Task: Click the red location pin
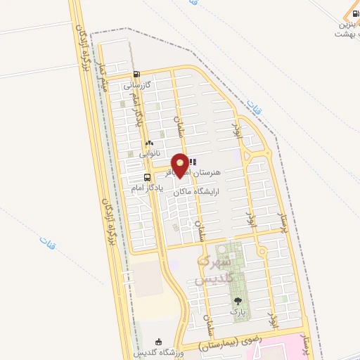[181, 165]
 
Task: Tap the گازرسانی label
[137, 86]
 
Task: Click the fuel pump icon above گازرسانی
[136, 74]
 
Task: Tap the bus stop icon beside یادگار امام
[147, 177]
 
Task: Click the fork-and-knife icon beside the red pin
[193, 162]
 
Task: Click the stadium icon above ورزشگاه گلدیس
[165, 342]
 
